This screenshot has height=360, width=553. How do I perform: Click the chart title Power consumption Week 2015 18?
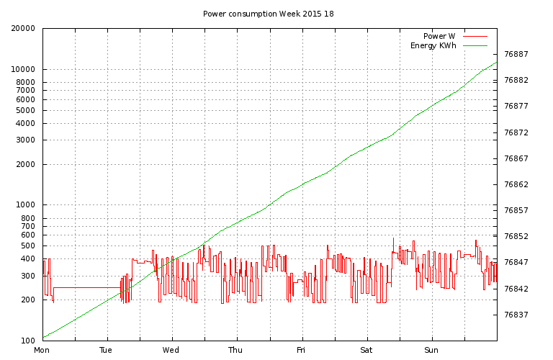(x=268, y=14)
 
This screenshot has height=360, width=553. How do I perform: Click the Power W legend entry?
(x=439, y=36)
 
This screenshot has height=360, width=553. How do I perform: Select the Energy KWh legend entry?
(x=433, y=46)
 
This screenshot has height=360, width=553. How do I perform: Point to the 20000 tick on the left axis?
(x=25, y=29)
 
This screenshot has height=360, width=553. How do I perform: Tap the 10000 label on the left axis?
(x=25, y=70)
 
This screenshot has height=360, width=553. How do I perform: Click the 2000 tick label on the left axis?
(x=27, y=164)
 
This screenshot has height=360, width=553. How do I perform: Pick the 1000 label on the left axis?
(x=27, y=205)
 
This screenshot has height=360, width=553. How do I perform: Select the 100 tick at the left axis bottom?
(x=30, y=341)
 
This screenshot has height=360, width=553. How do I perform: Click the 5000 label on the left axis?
(x=27, y=110)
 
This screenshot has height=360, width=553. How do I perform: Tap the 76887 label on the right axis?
(x=516, y=54)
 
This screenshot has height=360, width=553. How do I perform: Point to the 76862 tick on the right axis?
(x=516, y=184)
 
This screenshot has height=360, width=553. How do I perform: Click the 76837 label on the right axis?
(x=516, y=315)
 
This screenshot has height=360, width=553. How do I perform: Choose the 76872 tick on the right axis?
(x=516, y=132)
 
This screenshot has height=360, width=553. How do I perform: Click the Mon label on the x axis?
(x=42, y=351)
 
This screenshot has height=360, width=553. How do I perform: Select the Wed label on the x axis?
(x=171, y=351)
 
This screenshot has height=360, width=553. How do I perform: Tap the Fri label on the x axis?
(x=301, y=351)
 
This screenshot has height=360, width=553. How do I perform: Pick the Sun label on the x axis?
(x=431, y=351)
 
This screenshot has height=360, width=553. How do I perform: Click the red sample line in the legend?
(x=475, y=36)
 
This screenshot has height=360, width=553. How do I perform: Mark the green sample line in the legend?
(x=475, y=46)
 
